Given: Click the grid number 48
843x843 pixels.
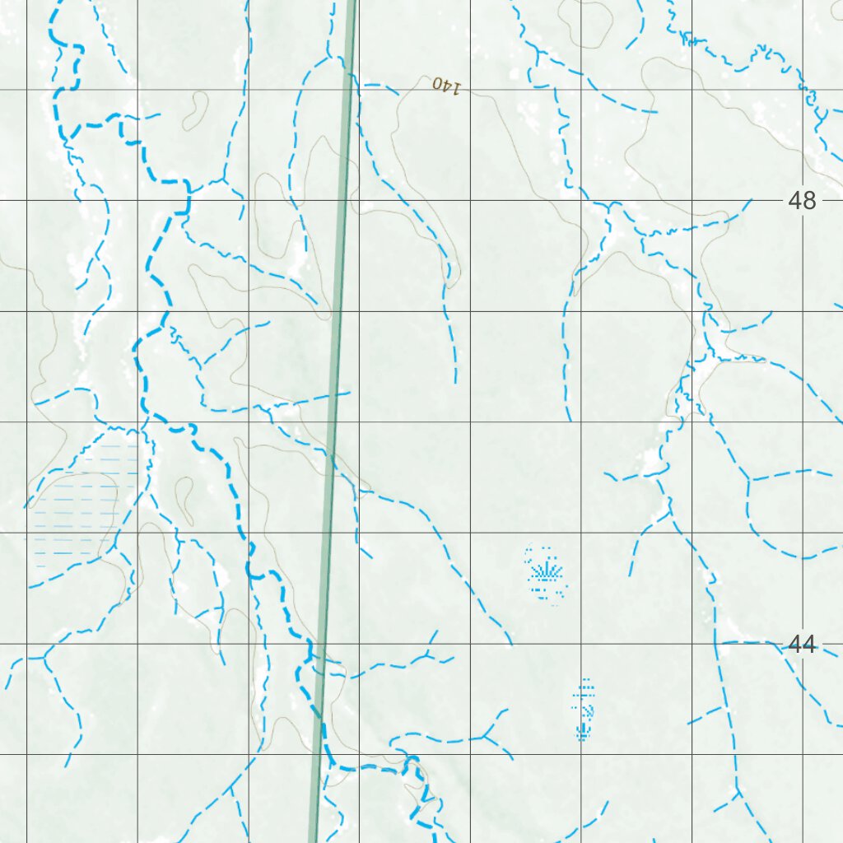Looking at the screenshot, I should [802, 200].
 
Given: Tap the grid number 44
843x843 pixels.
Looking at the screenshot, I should [802, 645].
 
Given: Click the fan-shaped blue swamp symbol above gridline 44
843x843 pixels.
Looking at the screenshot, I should [545, 570].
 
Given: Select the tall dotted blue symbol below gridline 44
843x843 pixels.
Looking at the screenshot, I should [584, 709].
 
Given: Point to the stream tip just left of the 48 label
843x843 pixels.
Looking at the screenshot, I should [751, 199].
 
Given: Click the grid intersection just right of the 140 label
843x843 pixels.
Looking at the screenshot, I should [470, 89].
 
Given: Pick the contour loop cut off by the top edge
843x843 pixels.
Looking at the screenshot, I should [586, 15].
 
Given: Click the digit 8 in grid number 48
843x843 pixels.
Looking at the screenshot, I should [809, 200].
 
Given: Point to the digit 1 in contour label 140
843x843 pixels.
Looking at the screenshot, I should [456, 87].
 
